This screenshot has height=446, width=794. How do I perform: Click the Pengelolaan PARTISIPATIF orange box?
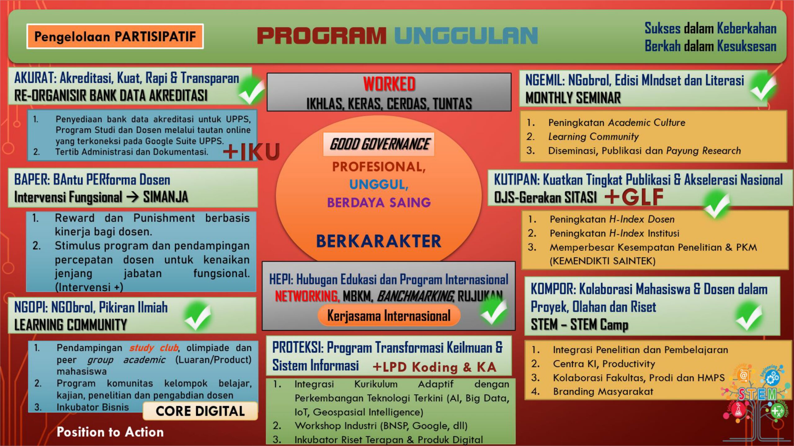[x=115, y=36]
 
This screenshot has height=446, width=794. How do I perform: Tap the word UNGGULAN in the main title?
[x=466, y=36]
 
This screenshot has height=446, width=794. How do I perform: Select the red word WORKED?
[x=389, y=84]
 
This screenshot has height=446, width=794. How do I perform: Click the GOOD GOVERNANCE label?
[x=379, y=144]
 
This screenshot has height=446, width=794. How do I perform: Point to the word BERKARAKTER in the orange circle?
[x=379, y=241]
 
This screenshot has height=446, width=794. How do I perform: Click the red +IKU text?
[x=252, y=151]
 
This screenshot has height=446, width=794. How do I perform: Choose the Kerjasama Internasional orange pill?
[x=389, y=316]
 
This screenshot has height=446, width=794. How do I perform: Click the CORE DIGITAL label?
[x=200, y=411]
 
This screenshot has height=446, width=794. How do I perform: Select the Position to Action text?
[x=110, y=432]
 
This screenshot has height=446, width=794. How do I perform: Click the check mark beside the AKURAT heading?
[x=252, y=91]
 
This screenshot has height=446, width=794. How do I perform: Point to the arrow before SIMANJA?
[x=132, y=197]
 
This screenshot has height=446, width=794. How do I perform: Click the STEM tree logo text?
[x=757, y=395]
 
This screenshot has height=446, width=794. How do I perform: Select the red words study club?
[x=154, y=348]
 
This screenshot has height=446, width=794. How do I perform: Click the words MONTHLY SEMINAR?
[x=573, y=98]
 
